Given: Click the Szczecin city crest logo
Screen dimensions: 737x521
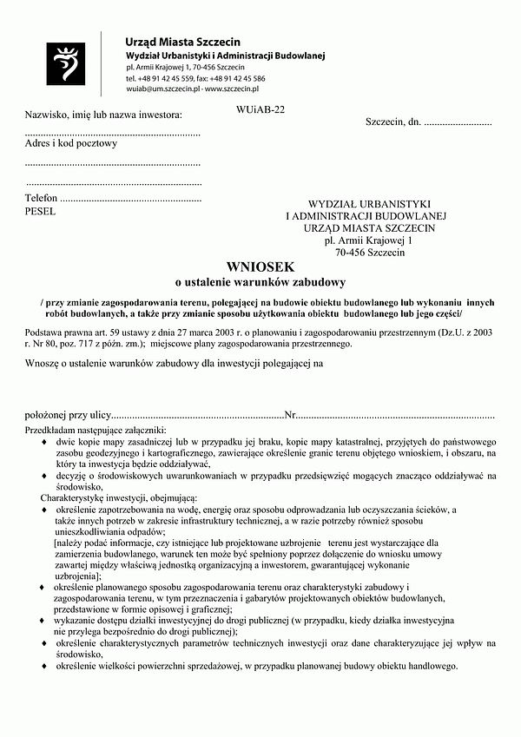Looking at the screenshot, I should coord(67,63).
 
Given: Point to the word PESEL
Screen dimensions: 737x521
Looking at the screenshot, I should coord(40,210).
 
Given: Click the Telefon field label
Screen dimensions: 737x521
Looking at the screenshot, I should coord(42,198).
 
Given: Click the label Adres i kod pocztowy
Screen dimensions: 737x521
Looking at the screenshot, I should coord(70,143).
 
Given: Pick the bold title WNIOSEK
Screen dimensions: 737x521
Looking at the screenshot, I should coord(260,267).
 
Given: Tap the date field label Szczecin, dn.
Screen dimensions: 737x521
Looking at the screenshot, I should coord(393,122).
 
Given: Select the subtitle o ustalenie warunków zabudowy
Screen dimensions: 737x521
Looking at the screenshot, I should coord(260,282).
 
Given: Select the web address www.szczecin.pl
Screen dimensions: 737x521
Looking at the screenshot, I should coord(232,89).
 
